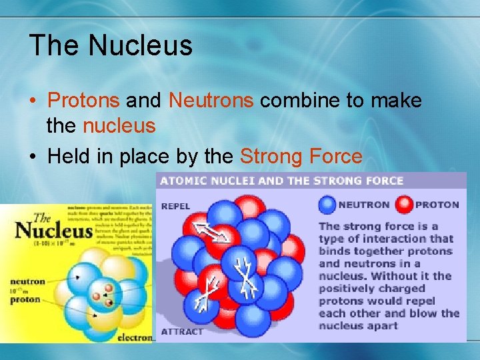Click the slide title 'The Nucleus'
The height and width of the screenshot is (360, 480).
(x=111, y=45)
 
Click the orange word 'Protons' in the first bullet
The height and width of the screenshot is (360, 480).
(x=84, y=101)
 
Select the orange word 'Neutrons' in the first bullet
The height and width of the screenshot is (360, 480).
(x=211, y=101)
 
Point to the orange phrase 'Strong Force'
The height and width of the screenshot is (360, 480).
(x=301, y=157)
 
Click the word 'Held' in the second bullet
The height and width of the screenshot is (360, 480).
(x=68, y=157)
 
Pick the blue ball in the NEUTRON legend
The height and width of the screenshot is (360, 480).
(x=327, y=205)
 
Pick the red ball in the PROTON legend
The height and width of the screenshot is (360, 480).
(x=404, y=205)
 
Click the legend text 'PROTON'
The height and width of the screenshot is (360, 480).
(x=437, y=205)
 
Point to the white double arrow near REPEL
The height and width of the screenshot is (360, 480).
(x=209, y=232)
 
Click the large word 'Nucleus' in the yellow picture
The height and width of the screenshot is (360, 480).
(x=53, y=231)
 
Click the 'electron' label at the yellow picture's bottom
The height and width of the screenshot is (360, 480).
(x=137, y=337)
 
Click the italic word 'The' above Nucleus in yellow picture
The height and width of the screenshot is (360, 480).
(x=41, y=217)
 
